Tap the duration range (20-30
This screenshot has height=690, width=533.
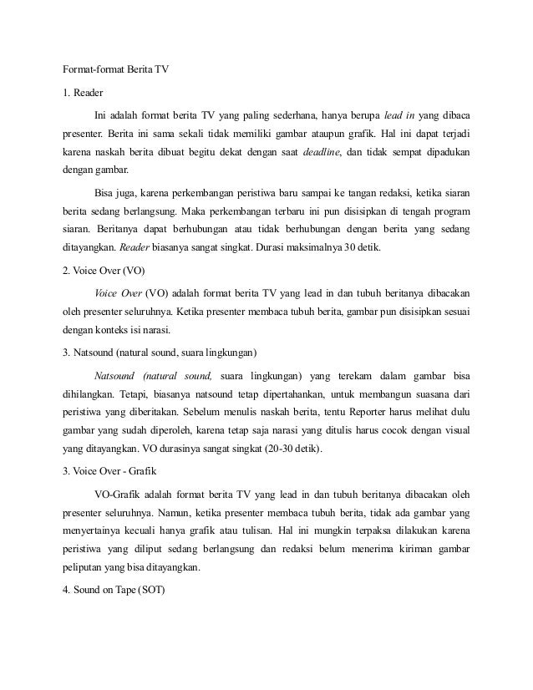coord(275,450)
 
